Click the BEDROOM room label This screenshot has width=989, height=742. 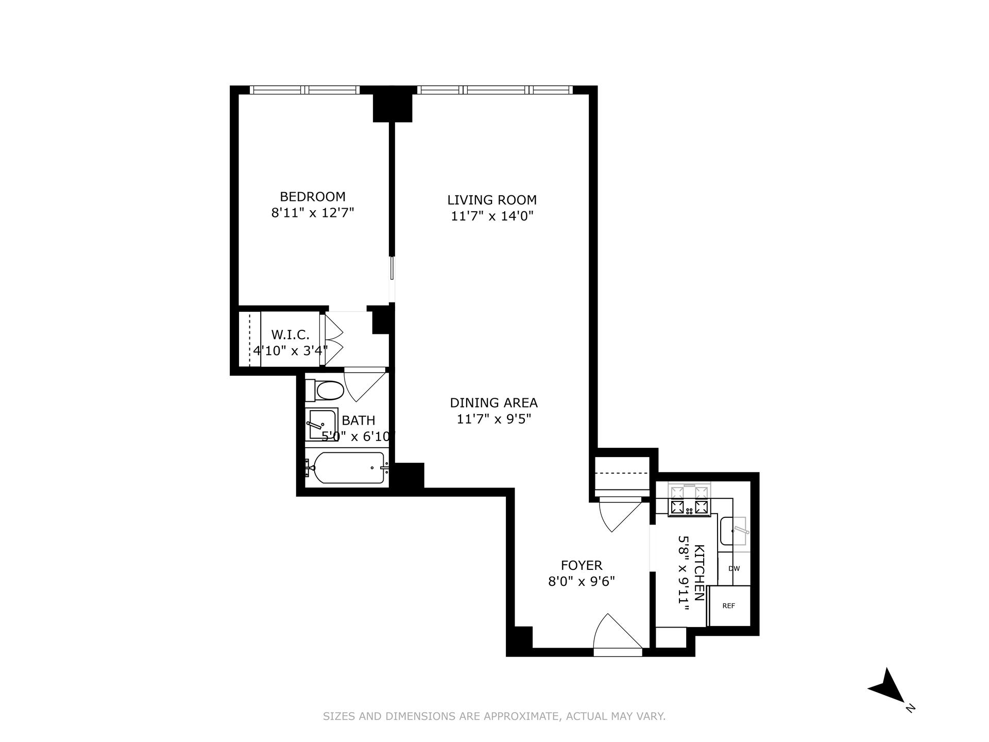312,196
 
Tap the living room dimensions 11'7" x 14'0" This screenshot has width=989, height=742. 491,216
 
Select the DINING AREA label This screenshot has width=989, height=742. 493,402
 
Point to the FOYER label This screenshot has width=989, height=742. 581,565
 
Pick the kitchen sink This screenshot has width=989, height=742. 734,531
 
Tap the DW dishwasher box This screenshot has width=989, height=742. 734,569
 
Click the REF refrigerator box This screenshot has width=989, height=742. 728,606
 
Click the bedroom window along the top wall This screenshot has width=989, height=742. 304,90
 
